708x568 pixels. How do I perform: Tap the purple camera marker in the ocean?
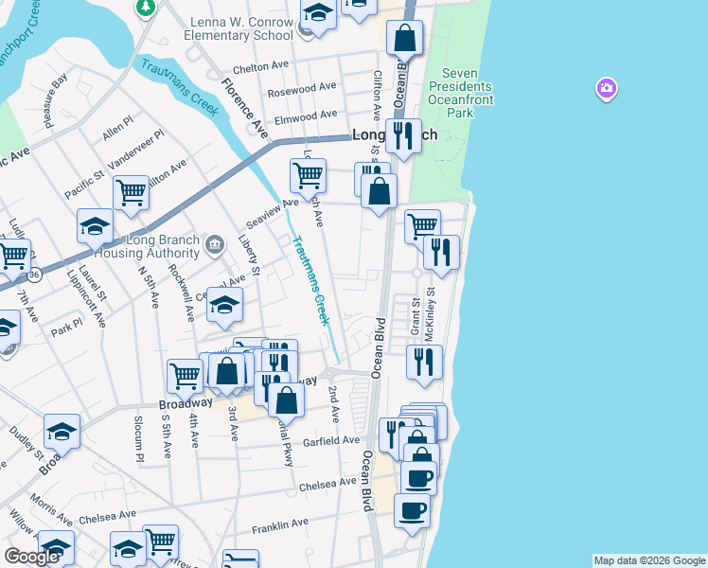point(606,89)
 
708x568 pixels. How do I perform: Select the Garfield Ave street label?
point(331,440)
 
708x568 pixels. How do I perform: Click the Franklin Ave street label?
point(280,523)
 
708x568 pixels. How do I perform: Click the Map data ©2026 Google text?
point(649,560)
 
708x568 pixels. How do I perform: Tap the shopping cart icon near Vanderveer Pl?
point(131,192)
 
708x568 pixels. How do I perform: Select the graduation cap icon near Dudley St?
point(62,431)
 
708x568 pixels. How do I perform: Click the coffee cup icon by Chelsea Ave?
point(418,478)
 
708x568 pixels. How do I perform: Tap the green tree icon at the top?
point(145,8)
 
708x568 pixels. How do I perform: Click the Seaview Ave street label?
point(272,204)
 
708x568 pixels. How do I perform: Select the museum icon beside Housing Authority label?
point(215,245)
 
